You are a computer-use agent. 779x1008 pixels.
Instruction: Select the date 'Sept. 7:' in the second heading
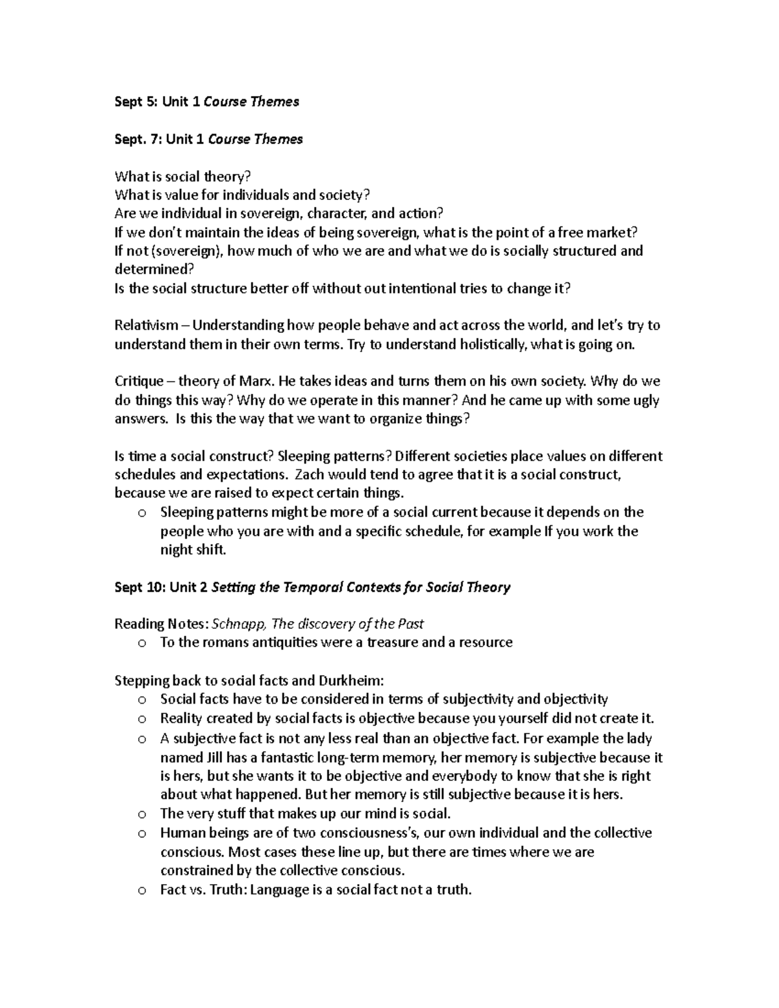[138, 139]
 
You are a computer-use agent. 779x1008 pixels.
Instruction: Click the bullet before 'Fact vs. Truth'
[142, 890]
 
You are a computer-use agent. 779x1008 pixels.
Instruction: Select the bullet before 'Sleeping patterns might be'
[142, 513]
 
